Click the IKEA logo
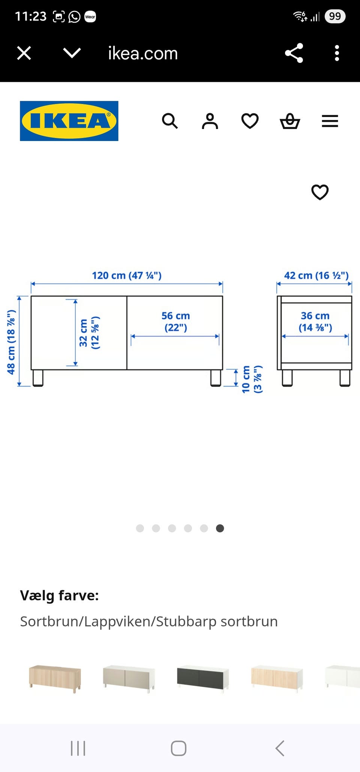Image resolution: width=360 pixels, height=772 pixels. pos(69,121)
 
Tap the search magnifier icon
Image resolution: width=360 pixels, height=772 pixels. pos(170,121)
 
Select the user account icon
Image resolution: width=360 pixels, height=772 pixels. pos(210,121)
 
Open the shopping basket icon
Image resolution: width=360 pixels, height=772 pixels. pos(290,121)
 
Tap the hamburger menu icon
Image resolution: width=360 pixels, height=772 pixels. pos(330,121)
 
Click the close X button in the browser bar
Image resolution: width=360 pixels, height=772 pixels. pos(24,53)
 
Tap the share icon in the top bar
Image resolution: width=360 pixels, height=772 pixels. pos(294,53)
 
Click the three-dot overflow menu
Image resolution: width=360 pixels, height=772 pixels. pos(337,53)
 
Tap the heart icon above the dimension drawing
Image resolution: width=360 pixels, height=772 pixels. pos(320,192)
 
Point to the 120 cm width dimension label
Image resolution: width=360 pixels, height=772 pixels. pos(127,276)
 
